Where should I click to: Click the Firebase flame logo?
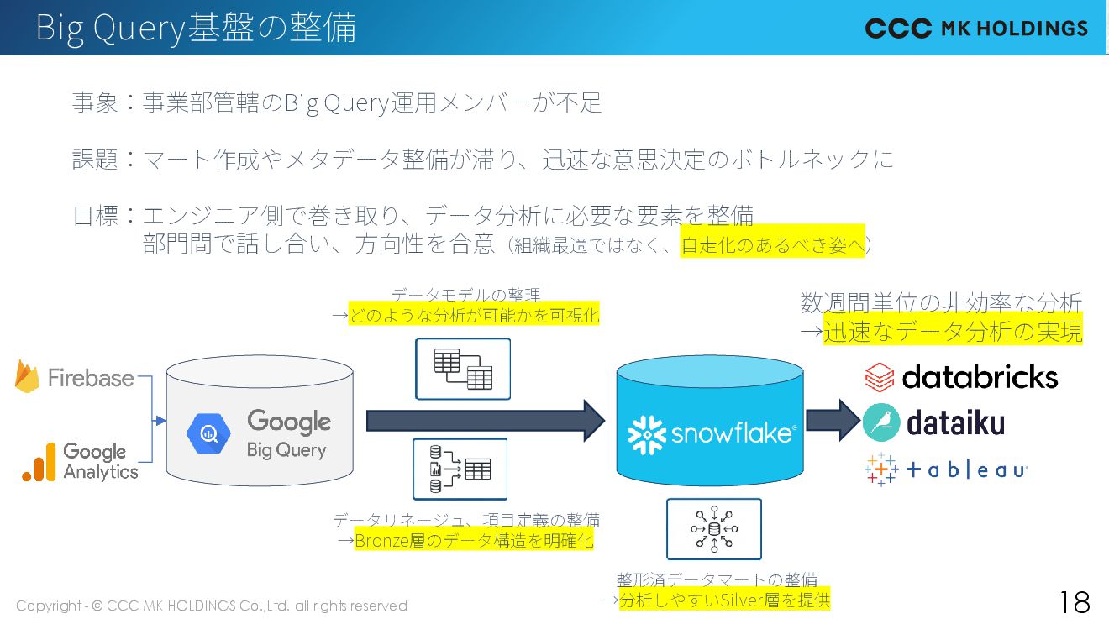[28, 377]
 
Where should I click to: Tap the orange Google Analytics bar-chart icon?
[39, 463]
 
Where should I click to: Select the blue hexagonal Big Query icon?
[209, 433]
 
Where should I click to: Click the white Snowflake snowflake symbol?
[647, 434]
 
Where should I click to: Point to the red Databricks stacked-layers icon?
[880, 377]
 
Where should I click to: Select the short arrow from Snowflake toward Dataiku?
[833, 420]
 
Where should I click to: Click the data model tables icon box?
[463, 369]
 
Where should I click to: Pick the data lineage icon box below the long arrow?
[460, 469]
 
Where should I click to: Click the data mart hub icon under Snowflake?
[714, 529]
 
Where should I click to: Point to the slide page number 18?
[1075, 602]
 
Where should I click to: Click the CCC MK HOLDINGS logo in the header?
[976, 29]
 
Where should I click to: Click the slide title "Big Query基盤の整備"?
[196, 28]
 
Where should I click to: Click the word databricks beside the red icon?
[980, 377]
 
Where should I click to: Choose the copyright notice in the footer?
[212, 606]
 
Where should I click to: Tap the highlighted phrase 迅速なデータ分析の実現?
[953, 332]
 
